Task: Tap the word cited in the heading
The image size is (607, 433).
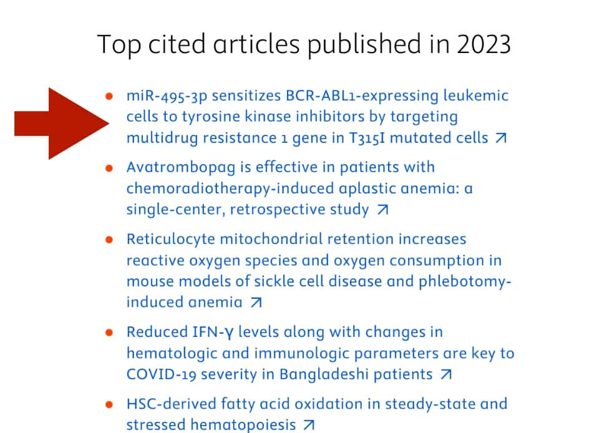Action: [x=177, y=44]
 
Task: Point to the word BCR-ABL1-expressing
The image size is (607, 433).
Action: [x=362, y=95]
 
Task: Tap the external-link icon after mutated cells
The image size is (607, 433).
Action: [x=501, y=138]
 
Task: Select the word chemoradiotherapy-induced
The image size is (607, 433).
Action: [x=230, y=189]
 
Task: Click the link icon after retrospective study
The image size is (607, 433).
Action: [x=382, y=210]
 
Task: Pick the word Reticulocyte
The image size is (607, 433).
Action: [x=171, y=240]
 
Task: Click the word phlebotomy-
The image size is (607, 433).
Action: [x=465, y=282]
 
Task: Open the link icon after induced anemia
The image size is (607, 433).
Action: [x=256, y=302]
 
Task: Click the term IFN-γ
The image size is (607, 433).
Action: [x=213, y=333]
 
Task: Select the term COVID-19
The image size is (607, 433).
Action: [x=161, y=374]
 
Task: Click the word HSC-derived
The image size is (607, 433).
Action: [x=171, y=404]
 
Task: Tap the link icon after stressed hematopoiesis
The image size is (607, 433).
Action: [x=309, y=425]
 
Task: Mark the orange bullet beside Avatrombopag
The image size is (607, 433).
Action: [x=109, y=168]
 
